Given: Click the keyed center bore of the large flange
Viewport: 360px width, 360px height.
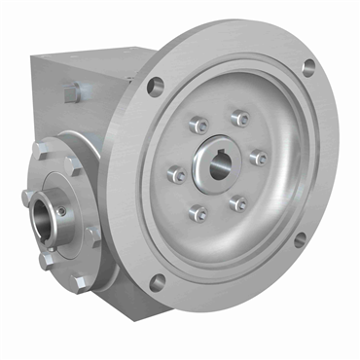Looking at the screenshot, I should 217,163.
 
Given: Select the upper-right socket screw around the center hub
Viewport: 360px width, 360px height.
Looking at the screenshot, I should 238,119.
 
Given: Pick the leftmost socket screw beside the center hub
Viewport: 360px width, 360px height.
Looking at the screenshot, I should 176,175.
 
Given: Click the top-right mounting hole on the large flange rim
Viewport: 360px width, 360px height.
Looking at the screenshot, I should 307,68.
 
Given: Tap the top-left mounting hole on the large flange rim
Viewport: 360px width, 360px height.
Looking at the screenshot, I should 154,87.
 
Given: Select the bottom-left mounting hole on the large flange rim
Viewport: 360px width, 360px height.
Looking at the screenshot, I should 156,283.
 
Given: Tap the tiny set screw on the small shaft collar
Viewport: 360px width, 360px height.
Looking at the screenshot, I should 61,209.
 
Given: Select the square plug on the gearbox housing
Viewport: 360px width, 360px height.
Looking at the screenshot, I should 71,91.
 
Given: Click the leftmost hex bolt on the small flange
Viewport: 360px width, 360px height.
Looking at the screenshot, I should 26,198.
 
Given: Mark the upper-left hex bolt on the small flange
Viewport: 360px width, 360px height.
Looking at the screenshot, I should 39,150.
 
